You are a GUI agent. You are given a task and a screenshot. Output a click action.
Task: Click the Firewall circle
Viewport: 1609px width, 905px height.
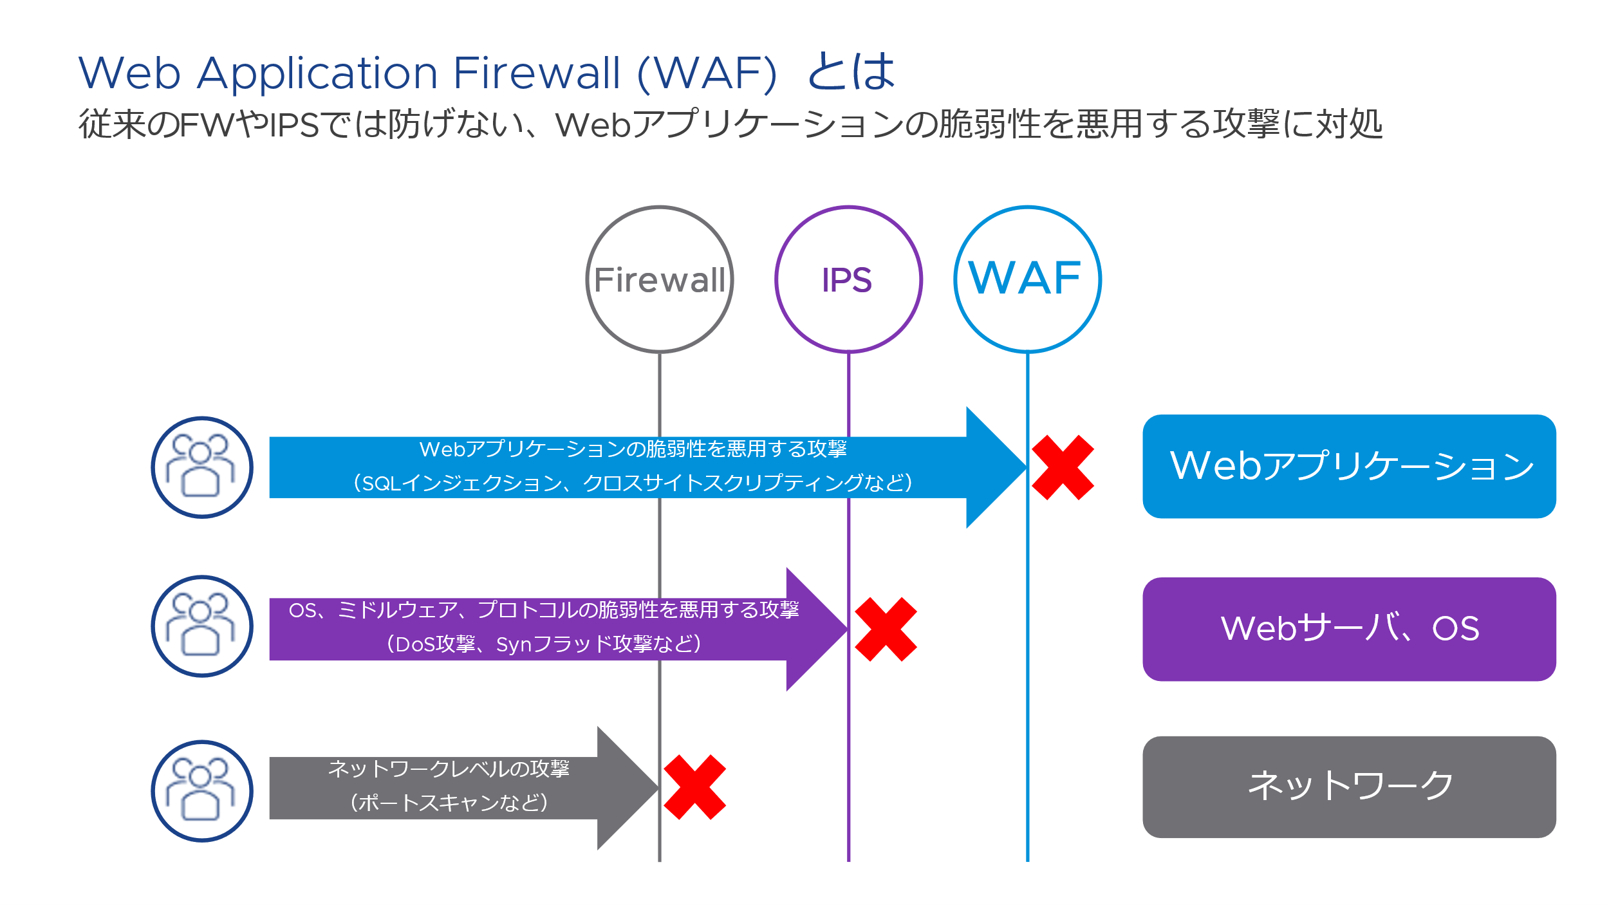tap(660, 279)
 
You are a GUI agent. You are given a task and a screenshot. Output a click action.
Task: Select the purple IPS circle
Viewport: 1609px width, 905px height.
tap(848, 279)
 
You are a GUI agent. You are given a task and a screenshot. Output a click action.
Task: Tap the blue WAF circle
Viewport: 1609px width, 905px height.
tap(1027, 279)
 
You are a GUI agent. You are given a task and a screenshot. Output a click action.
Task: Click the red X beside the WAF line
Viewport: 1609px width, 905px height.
tap(1063, 467)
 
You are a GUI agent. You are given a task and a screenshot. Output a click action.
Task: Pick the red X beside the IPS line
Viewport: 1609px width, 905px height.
tap(886, 630)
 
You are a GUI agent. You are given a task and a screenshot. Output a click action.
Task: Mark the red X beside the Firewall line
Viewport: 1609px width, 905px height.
tap(694, 787)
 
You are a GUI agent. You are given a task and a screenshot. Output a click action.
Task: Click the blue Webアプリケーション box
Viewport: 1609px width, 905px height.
tap(1349, 466)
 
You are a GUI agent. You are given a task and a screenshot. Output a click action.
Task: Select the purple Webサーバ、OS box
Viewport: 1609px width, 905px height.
tap(1349, 629)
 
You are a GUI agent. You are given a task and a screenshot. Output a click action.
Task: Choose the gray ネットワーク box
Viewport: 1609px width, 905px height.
tap(1349, 787)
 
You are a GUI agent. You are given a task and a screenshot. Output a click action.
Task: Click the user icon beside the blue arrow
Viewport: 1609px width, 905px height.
tap(202, 467)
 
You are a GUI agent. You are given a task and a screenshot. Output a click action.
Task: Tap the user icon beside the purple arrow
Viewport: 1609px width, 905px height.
tap(202, 626)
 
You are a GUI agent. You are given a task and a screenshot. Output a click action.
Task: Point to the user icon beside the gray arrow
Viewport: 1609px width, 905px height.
tap(202, 791)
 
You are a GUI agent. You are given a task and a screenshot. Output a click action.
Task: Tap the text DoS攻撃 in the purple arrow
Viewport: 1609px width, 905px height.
tap(435, 644)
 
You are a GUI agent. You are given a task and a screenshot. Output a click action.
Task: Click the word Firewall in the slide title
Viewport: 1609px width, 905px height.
tap(537, 72)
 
